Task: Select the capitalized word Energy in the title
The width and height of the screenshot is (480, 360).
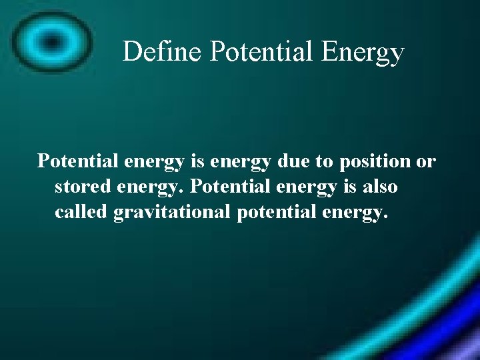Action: (363, 51)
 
